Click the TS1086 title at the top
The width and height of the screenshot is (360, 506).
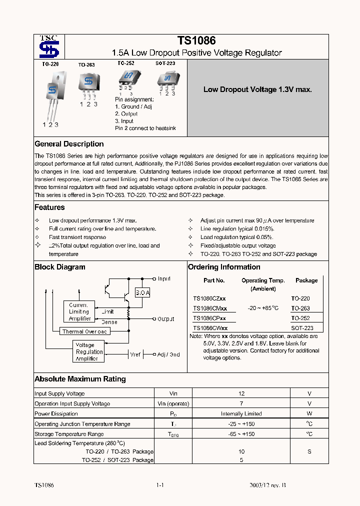pos(196,41)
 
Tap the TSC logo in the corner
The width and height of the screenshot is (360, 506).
pos(49,47)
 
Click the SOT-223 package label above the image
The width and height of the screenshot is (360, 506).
pos(165,63)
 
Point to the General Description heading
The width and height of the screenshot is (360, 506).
pos(69,144)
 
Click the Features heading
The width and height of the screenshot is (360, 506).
pos(49,207)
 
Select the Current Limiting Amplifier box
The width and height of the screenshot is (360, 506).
pos(79,311)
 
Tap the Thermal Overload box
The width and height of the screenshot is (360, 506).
pos(84,331)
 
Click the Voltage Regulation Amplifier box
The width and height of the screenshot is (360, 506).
pos(89,352)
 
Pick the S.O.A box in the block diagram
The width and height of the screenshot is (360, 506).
pos(142,293)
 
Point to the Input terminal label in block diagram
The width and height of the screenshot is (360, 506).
pos(164,278)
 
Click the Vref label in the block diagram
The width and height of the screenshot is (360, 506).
pos(135,354)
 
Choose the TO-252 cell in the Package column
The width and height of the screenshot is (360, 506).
pos(300,318)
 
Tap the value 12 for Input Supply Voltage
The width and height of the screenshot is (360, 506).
pos(241,393)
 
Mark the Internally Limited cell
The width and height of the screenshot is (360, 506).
pos(241,414)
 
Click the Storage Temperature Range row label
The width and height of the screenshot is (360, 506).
pos(69,434)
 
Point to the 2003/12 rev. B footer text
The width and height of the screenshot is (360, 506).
pos(268,485)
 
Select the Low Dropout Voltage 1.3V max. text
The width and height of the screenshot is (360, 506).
pos(257,89)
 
